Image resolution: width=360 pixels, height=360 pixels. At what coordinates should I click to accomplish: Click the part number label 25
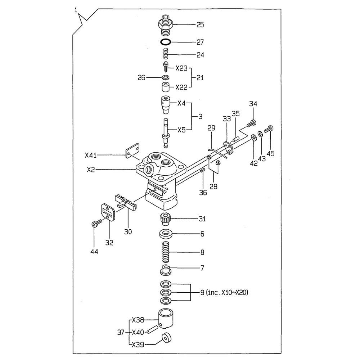pos(200,24)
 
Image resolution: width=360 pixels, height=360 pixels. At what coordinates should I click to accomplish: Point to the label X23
pos(181,68)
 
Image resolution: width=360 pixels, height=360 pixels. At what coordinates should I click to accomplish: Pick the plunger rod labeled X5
pos(166,133)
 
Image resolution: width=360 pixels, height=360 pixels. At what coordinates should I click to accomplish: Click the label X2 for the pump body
pos(91,170)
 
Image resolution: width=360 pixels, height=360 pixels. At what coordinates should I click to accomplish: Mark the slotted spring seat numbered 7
pos(165,269)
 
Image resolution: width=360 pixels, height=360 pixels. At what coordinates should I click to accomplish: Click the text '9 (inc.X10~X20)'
pos(224,292)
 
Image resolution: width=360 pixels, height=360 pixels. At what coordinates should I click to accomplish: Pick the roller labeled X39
pos(166,338)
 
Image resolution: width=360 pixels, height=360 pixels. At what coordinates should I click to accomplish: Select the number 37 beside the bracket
pos(121,332)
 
